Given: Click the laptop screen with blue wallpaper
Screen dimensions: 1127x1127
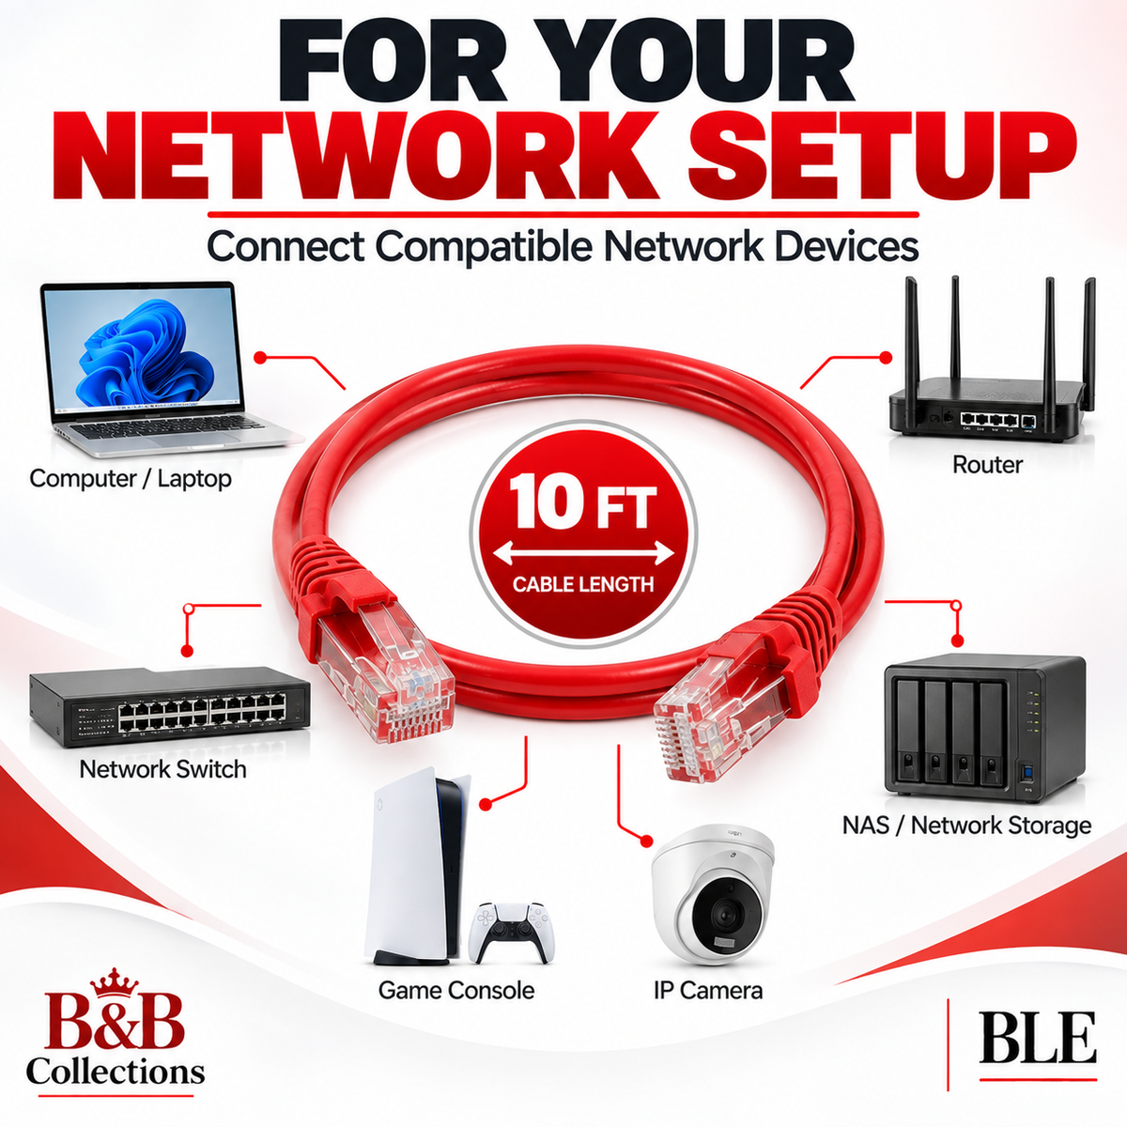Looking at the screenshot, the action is point(142,350).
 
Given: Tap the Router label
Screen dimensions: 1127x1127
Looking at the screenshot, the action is point(987,465).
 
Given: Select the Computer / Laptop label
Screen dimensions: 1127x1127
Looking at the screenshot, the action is point(131,478).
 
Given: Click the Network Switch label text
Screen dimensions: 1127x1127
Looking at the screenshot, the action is point(162,769).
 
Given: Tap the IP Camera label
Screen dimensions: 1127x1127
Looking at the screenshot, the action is point(708,990).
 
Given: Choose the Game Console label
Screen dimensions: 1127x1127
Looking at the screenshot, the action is point(456,990).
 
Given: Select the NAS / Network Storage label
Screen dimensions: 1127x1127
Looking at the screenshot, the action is point(966,826).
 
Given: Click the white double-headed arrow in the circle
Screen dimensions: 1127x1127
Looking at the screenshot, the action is point(582,552).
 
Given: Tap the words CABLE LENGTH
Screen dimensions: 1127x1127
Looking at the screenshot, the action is point(583,584).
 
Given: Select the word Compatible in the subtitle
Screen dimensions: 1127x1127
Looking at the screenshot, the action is point(483,247).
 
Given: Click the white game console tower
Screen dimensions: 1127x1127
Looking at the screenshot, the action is point(416,868).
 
